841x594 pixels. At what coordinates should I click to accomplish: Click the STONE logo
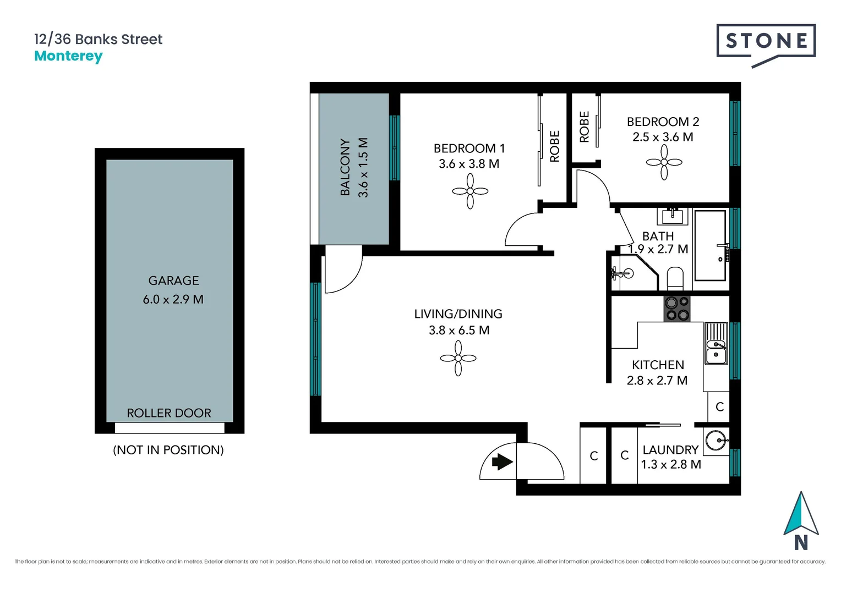(766, 41)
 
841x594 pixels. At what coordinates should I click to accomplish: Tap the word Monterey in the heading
(68, 56)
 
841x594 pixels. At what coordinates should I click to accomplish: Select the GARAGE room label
(173, 280)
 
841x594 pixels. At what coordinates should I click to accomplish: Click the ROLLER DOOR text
(168, 413)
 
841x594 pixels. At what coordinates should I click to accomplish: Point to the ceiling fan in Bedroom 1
(470, 191)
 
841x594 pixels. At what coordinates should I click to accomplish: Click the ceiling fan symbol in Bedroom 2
(664, 162)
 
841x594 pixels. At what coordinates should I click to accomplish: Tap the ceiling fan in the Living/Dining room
(458, 358)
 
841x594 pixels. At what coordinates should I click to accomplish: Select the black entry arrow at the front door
(501, 461)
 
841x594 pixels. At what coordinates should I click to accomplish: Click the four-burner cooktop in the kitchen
(676, 309)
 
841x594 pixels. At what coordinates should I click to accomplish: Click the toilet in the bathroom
(675, 278)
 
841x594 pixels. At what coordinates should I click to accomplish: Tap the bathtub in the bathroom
(709, 245)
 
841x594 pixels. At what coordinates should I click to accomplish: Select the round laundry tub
(716, 440)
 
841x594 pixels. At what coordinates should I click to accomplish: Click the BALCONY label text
(345, 167)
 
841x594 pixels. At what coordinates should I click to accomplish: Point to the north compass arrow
(801, 515)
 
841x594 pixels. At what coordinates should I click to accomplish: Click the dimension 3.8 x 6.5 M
(458, 331)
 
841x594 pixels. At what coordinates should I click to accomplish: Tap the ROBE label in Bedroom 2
(584, 127)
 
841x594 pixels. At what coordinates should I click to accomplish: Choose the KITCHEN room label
(658, 365)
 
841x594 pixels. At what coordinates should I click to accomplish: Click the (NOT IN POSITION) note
(168, 450)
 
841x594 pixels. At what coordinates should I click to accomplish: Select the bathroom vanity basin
(673, 216)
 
